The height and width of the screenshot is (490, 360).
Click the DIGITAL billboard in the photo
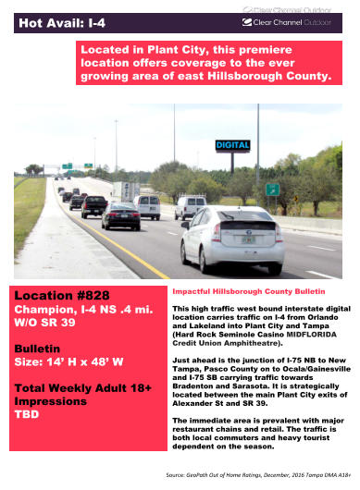(232, 145)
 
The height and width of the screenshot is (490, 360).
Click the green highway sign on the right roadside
(272, 189)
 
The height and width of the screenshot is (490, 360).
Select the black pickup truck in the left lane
(94, 206)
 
